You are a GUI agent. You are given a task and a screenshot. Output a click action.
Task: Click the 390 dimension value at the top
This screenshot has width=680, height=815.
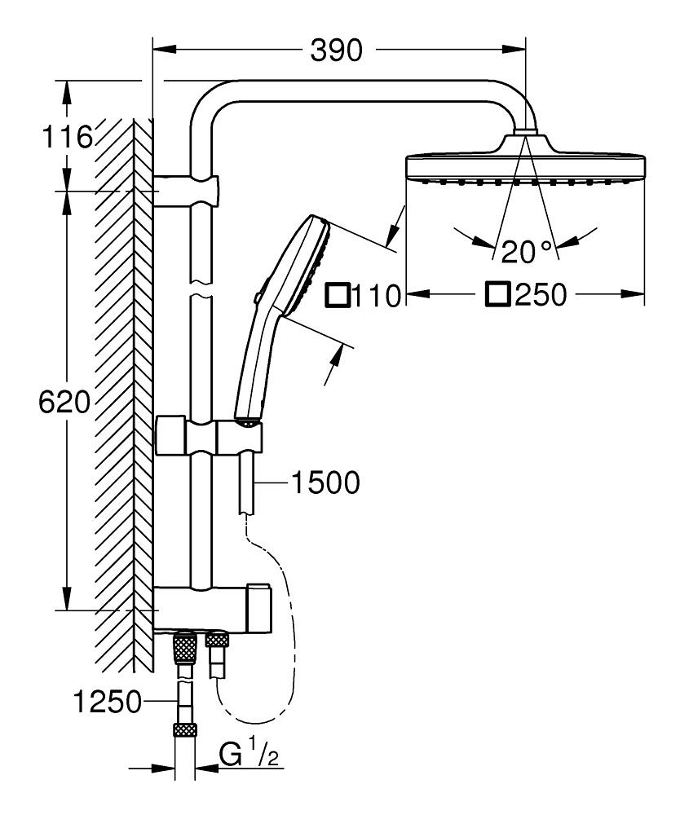pyautogui.click(x=336, y=51)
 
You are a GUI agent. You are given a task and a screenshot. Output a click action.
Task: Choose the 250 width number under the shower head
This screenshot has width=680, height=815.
pyautogui.click(x=539, y=295)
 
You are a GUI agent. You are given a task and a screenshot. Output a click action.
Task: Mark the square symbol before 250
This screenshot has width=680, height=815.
pyautogui.click(x=497, y=294)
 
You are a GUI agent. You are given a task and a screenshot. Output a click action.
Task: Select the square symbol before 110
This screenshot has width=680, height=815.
pyautogui.click(x=337, y=294)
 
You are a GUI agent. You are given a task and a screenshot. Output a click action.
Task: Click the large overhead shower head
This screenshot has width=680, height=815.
pyautogui.click(x=525, y=167)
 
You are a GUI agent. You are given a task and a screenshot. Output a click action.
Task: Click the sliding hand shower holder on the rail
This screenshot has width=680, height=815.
pyautogui.click(x=210, y=437)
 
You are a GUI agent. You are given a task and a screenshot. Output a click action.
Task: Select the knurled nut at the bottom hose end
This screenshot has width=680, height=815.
pyautogui.click(x=185, y=730)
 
